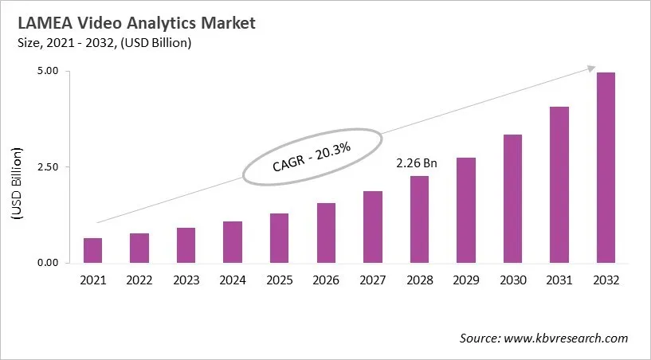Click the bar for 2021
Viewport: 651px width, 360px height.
coord(93,250)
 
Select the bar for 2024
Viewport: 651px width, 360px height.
coord(233,242)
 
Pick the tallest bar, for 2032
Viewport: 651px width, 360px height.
coord(606,167)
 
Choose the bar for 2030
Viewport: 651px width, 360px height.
coord(512,198)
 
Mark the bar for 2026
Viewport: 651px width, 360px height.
coord(326,233)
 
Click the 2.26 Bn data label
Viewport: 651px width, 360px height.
coord(418,163)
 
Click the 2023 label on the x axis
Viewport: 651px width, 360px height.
coord(186,280)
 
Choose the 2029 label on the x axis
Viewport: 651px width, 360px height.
coord(465,280)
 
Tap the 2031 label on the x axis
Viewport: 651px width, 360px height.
coord(559,280)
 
